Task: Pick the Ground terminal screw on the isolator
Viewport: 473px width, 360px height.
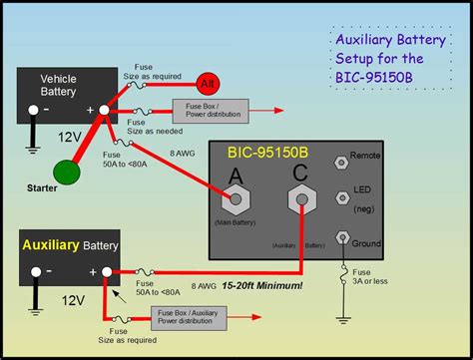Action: coord(342,236)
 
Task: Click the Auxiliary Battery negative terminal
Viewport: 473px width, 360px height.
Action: coord(35,271)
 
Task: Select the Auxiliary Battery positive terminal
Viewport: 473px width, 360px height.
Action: coord(106,271)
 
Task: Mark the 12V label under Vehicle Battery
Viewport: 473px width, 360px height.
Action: coord(70,135)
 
